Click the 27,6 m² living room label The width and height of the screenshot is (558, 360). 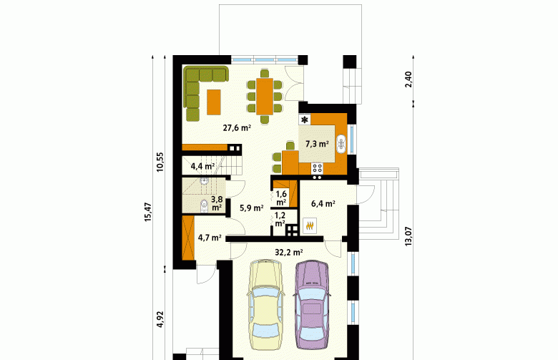237,128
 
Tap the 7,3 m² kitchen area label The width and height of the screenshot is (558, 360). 317,144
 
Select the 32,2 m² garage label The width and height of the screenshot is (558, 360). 288,253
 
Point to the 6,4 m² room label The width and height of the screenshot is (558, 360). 323,204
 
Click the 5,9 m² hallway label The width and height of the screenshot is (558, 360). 252,208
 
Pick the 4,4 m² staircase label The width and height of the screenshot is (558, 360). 202,166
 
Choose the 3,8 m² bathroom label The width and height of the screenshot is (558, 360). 217,203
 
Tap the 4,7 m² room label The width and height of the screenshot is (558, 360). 210,238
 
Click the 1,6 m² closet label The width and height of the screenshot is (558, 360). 281,198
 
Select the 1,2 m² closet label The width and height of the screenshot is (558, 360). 280,219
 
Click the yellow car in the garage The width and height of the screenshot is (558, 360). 265,304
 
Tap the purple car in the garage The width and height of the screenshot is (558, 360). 312,304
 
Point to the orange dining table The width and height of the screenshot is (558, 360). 265,97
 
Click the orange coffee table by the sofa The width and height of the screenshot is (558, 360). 214,102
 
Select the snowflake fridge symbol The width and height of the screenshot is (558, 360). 305,120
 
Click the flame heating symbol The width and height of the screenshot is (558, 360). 310,225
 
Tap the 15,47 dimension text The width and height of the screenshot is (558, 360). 148,213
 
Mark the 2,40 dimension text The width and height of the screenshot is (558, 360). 408,79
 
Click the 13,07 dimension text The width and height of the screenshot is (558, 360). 408,236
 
